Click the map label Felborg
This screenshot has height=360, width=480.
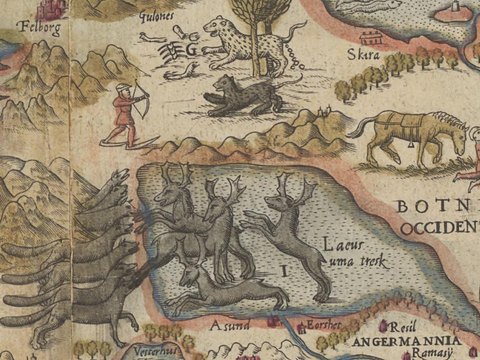tap(40, 28)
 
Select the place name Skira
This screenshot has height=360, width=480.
tap(364, 55)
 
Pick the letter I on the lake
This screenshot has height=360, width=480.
tap(283, 271)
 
